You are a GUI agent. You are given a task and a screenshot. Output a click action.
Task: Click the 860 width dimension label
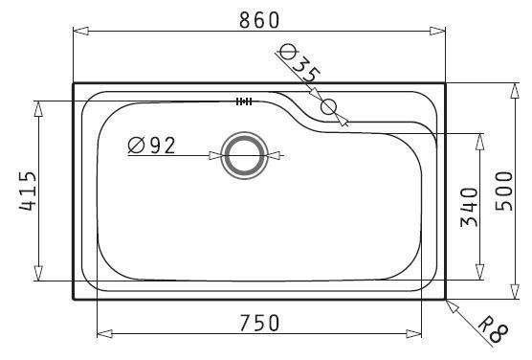[259, 20]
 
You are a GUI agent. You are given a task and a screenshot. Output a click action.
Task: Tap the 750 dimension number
[259, 323]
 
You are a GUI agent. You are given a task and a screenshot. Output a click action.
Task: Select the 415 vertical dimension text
[27, 191]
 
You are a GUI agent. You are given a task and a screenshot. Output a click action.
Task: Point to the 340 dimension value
[469, 207]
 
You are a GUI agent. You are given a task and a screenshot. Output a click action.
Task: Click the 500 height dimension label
[504, 191]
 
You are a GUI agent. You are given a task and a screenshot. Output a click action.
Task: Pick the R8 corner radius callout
[494, 329]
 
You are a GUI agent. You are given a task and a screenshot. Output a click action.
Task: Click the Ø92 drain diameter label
[152, 146]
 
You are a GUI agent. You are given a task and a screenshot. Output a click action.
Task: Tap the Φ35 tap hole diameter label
[299, 63]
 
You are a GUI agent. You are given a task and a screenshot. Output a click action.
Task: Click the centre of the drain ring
[244, 155]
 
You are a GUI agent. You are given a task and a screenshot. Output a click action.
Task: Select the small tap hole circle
[328, 106]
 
